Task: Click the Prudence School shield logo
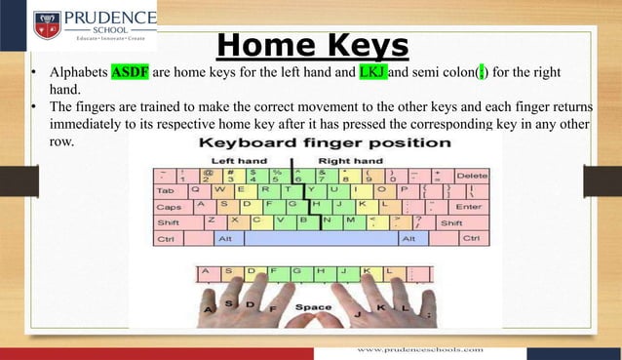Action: (48, 23)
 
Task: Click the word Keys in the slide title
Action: (360, 45)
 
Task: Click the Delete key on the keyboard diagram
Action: (472, 175)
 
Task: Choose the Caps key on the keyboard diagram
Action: (169, 207)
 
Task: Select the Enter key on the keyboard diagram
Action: (468, 207)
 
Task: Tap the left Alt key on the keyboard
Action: (224, 238)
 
